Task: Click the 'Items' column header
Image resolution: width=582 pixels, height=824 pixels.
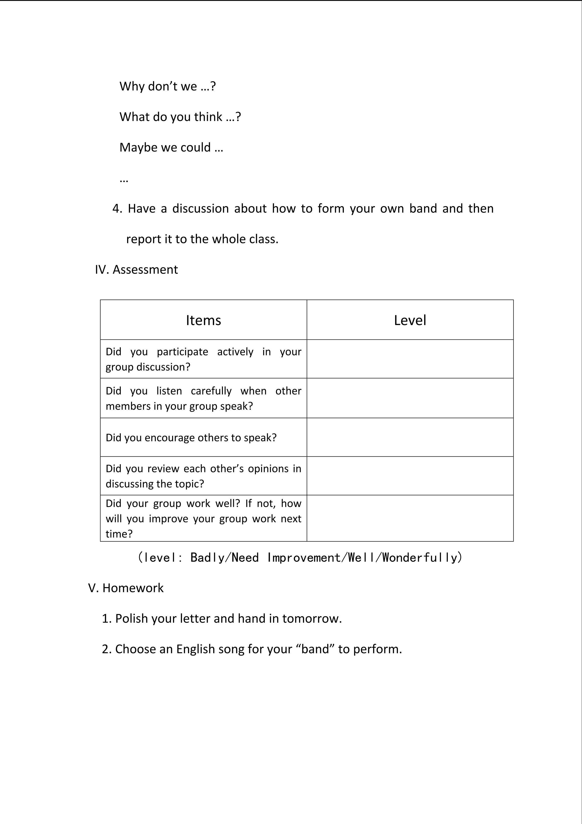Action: tap(203, 320)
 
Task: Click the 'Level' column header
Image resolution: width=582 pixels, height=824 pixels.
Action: tap(410, 320)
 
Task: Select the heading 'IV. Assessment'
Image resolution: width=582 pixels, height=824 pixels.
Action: tap(136, 269)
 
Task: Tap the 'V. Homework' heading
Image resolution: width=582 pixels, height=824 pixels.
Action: tap(126, 588)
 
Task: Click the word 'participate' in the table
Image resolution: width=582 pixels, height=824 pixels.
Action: tap(182, 352)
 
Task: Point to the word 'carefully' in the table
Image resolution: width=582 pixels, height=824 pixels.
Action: tap(211, 391)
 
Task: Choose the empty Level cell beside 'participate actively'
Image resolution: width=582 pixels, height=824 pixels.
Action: tap(410, 359)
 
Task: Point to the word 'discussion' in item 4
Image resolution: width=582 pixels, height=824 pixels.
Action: tap(200, 209)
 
